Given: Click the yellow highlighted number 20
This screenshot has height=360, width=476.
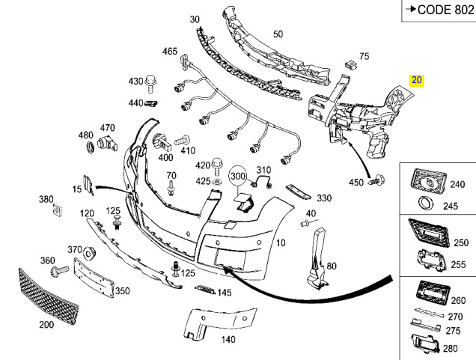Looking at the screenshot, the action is coord(416,80).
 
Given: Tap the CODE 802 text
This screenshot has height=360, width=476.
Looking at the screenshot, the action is coord(445,10).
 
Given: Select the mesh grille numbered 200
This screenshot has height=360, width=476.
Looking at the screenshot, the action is coord(49,296).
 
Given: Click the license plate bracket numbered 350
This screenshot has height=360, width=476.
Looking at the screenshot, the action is coord(94,278).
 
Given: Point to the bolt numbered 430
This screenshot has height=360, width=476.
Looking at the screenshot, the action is coord(150,84).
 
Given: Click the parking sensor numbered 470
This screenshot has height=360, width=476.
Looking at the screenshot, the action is coord(107,144).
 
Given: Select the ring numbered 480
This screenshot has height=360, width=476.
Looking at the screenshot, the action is coord(90,147).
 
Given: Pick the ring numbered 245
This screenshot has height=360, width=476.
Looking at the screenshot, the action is coord(425,203).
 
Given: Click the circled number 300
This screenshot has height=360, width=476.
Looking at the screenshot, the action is coord(238,176).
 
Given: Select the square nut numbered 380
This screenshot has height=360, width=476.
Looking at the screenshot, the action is coord(58,210).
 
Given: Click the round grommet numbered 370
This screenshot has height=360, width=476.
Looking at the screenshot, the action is coord(90,253).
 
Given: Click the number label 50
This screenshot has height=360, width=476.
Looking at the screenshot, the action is coord(278,34).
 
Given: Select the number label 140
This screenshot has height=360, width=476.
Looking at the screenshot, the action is coord(228,339).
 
